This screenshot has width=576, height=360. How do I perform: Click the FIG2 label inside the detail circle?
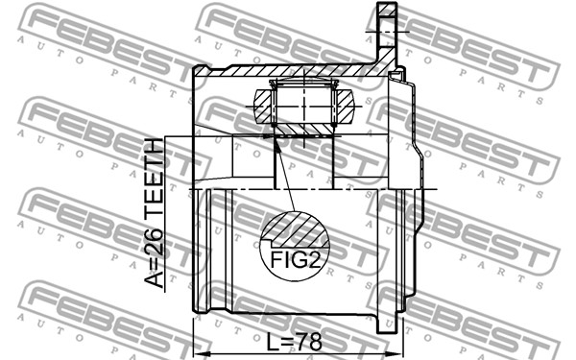click(x=296, y=260)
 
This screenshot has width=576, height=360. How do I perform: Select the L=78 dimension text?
click(x=294, y=343)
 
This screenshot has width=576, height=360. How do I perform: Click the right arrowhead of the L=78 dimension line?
click(x=399, y=354)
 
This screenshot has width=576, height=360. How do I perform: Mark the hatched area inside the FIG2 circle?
click(x=296, y=228)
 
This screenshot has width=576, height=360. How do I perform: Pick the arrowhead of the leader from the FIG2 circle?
click(x=277, y=144)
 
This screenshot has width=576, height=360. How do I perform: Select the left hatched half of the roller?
click(x=264, y=107)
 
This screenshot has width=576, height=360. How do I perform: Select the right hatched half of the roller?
click(x=345, y=107)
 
